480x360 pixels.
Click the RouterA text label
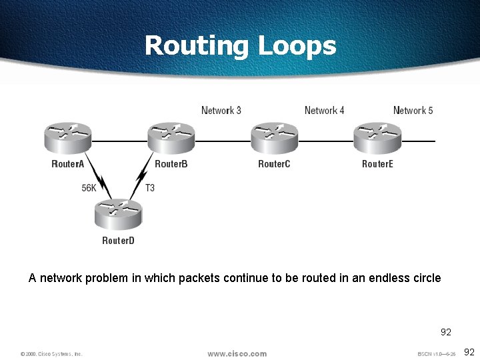click(68, 164)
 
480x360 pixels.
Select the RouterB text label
click(171, 164)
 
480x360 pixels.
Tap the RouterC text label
click(274, 164)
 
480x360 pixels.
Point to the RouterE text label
click(377, 164)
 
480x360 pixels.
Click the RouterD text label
click(118, 240)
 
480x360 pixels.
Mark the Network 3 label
click(221, 111)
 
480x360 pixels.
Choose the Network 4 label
click(325, 111)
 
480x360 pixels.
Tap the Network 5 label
click(413, 111)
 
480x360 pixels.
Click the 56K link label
click(89, 188)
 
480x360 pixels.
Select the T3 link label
click(150, 188)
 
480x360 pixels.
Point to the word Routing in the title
click(195, 46)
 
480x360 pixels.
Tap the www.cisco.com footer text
click(237, 354)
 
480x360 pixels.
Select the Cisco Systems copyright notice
click(51, 354)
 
